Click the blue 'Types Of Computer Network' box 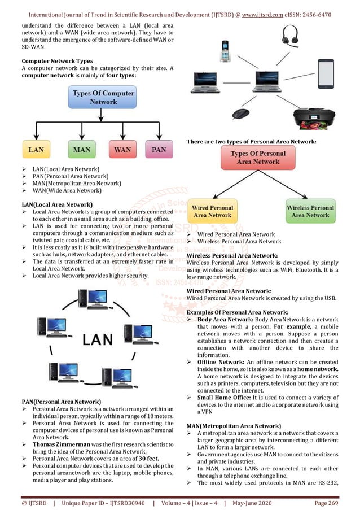point(102,97)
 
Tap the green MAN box point(82,150)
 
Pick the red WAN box point(123,150)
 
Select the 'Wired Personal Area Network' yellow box point(212,211)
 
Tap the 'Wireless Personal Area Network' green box point(310,211)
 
